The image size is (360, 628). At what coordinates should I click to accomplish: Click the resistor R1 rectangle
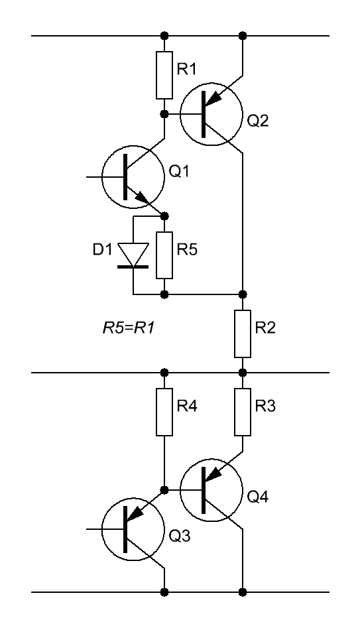(164, 75)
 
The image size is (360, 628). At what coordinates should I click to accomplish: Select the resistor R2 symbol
(243, 334)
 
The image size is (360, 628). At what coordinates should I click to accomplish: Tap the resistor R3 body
(243, 412)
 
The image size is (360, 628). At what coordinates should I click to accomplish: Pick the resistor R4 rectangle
(164, 412)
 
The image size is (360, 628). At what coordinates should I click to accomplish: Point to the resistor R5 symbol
(164, 255)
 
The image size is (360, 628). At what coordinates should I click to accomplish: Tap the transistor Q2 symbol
(211, 115)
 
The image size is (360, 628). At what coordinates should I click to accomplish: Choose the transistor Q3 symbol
(133, 529)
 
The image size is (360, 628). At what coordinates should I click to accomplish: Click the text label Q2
(258, 121)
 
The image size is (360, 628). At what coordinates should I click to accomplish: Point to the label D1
(103, 249)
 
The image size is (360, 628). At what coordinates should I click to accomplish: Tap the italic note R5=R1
(129, 328)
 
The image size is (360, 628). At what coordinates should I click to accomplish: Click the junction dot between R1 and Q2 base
(164, 114)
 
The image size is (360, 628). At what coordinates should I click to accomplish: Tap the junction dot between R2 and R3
(243, 373)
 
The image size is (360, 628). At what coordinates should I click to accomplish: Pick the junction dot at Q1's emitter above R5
(164, 216)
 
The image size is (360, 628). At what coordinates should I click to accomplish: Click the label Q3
(180, 535)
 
